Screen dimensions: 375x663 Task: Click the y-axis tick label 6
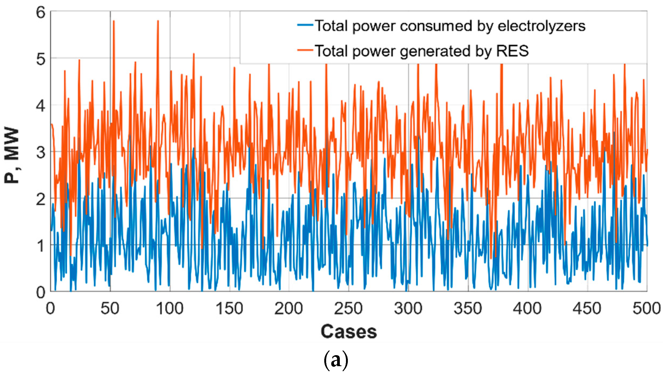click(41, 13)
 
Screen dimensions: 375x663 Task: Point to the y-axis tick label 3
click(41, 153)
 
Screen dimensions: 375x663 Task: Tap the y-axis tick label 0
click(41, 292)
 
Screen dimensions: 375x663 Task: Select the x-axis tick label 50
click(110, 309)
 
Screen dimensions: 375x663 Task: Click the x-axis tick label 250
click(348, 309)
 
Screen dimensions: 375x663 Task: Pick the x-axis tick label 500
click(646, 309)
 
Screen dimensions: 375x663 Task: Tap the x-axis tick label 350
click(468, 309)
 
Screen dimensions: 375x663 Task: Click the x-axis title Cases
click(349, 332)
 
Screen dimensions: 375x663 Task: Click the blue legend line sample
click(305, 25)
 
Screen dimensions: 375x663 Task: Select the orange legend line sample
click(305, 50)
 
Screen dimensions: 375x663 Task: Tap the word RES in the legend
click(512, 51)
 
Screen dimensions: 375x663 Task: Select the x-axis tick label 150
click(229, 309)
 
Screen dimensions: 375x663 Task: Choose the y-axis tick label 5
click(41, 59)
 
